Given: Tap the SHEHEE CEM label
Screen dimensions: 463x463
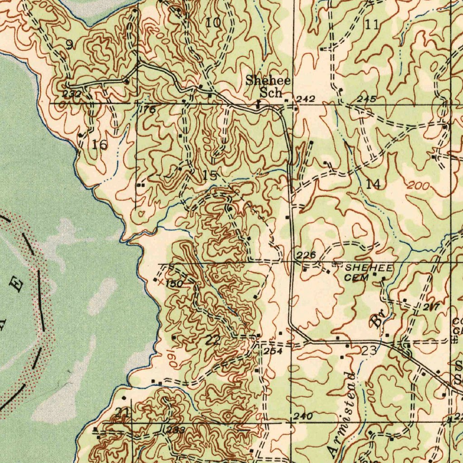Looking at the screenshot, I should [x=369, y=273].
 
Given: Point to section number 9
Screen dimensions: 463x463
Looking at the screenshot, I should [x=69, y=44].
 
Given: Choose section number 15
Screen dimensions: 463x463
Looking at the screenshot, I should [x=210, y=176].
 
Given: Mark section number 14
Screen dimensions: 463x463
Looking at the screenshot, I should [x=373, y=184].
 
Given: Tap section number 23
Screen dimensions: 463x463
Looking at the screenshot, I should [x=369, y=350].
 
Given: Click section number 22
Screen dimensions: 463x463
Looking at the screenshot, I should [x=213, y=340].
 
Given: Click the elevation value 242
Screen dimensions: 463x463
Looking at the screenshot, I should [x=306, y=99].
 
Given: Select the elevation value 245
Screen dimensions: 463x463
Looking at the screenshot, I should [x=366, y=99].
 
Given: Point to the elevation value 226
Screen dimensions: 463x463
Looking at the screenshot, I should [x=307, y=255].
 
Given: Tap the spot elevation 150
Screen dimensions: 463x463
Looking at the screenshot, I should [x=173, y=283].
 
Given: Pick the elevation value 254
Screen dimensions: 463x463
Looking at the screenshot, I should [x=273, y=351].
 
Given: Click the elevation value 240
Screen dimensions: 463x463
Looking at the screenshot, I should [x=302, y=417].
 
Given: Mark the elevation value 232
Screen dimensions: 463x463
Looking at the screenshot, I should [x=73, y=94].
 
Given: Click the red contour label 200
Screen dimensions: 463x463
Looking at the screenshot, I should [x=416, y=185].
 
